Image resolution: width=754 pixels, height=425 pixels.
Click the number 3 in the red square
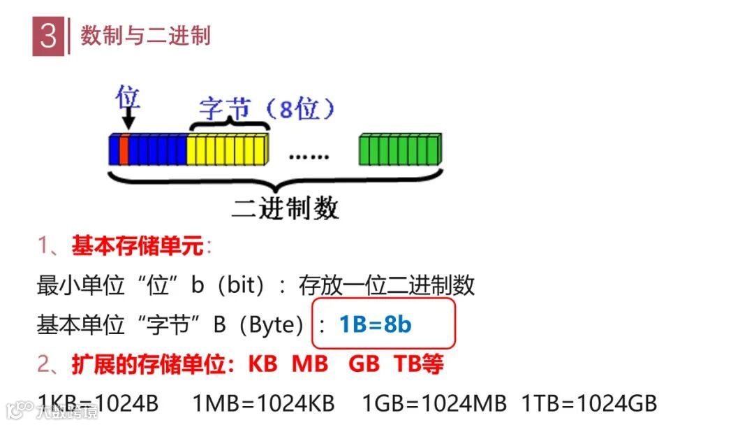coord(48,37)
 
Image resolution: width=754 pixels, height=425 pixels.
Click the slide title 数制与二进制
coord(145,36)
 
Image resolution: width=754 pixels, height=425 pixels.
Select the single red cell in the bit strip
coord(124,150)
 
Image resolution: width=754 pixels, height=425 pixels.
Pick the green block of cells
coord(400,149)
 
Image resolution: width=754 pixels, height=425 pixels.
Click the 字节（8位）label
coord(267,109)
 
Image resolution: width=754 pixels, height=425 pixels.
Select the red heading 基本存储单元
coord(137,246)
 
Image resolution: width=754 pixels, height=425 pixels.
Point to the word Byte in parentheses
coord(271,324)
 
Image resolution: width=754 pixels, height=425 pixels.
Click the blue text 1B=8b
coord(376,324)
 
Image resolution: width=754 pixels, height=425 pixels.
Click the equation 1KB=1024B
coord(98,403)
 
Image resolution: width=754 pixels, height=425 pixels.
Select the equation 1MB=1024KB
coord(263,403)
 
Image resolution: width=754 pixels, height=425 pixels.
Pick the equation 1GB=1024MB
coord(434,403)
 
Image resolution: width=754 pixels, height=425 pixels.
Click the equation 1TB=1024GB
coord(589,403)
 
